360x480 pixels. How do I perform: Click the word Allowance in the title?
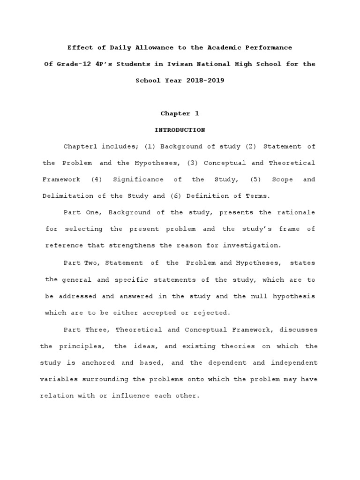pos(141,48)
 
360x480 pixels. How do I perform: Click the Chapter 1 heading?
pos(176,113)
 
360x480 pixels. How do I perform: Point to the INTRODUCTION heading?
pos(180,130)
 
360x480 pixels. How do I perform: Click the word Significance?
pos(138,180)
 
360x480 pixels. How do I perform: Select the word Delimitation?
pos(65,196)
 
